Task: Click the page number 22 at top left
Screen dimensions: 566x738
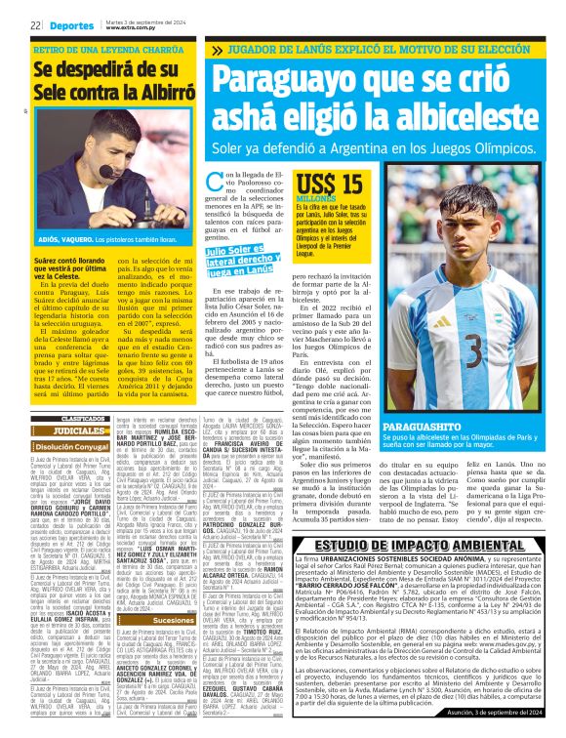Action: tap(33, 25)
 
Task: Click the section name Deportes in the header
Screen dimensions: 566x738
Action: tap(68, 25)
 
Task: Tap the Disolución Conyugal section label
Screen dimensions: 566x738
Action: tap(68, 446)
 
